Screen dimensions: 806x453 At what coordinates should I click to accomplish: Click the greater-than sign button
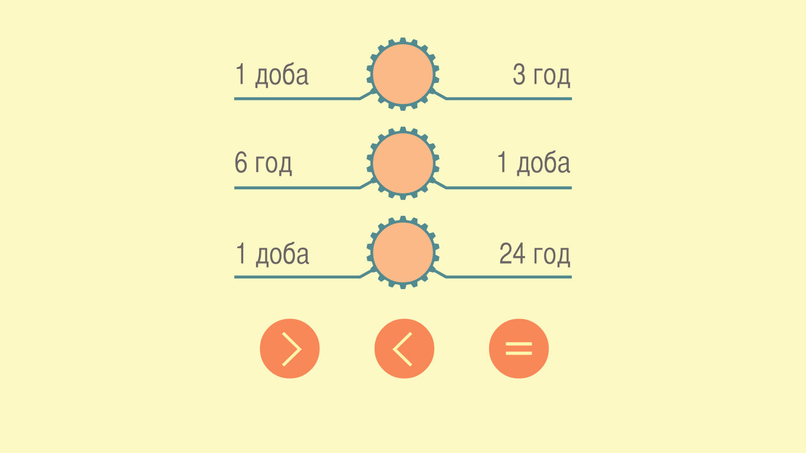(290, 349)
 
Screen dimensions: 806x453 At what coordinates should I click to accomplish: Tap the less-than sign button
(404, 349)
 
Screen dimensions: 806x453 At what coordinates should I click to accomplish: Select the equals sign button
(519, 349)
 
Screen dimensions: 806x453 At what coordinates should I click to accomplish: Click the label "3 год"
(542, 75)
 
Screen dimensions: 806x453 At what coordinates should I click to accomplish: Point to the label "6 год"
(263, 163)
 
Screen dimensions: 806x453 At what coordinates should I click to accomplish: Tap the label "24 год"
(535, 254)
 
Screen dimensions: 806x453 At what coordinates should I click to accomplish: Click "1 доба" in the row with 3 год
(271, 75)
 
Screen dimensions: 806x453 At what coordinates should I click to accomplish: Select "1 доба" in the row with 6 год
(533, 163)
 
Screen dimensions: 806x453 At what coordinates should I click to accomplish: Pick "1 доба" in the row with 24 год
(272, 254)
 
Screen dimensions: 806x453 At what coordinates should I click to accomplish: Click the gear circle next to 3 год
(403, 74)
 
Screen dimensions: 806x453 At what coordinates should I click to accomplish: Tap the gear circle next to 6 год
(403, 163)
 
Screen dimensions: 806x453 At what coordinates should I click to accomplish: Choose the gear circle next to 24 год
(403, 252)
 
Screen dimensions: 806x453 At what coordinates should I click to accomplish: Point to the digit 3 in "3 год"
(519, 74)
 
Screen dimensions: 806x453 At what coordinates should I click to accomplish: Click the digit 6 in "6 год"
(241, 162)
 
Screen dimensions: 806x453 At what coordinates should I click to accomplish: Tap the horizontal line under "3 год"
(509, 99)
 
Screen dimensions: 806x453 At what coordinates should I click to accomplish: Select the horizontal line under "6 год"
(297, 188)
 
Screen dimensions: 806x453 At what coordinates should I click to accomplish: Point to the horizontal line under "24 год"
(509, 277)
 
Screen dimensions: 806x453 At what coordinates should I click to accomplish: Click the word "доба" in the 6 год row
(543, 164)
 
